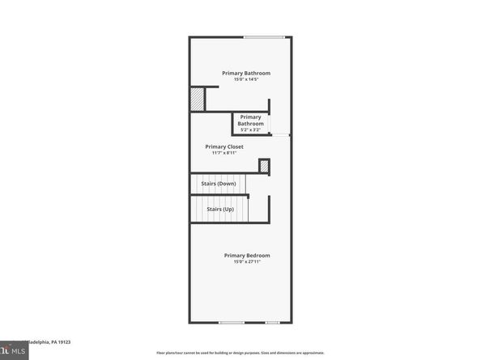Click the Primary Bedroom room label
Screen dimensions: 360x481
point(247,256)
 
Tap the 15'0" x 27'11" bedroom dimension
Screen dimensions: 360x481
point(247,262)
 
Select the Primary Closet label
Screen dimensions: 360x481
point(223,146)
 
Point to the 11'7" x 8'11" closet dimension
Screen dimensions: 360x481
point(223,153)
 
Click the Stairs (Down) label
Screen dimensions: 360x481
point(219,184)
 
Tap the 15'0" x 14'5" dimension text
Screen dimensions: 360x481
point(246,79)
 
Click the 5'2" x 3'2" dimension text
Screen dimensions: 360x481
point(250,129)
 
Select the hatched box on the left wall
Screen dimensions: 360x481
point(197,99)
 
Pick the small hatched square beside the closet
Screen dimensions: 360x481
point(264,166)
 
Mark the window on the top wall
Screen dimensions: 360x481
point(264,36)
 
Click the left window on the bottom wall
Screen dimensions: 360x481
point(232,323)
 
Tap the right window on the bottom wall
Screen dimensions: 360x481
point(275,323)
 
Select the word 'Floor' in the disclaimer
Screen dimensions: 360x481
point(160,353)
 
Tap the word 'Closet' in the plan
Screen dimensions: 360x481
point(235,146)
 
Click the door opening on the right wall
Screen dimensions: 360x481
point(281,135)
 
